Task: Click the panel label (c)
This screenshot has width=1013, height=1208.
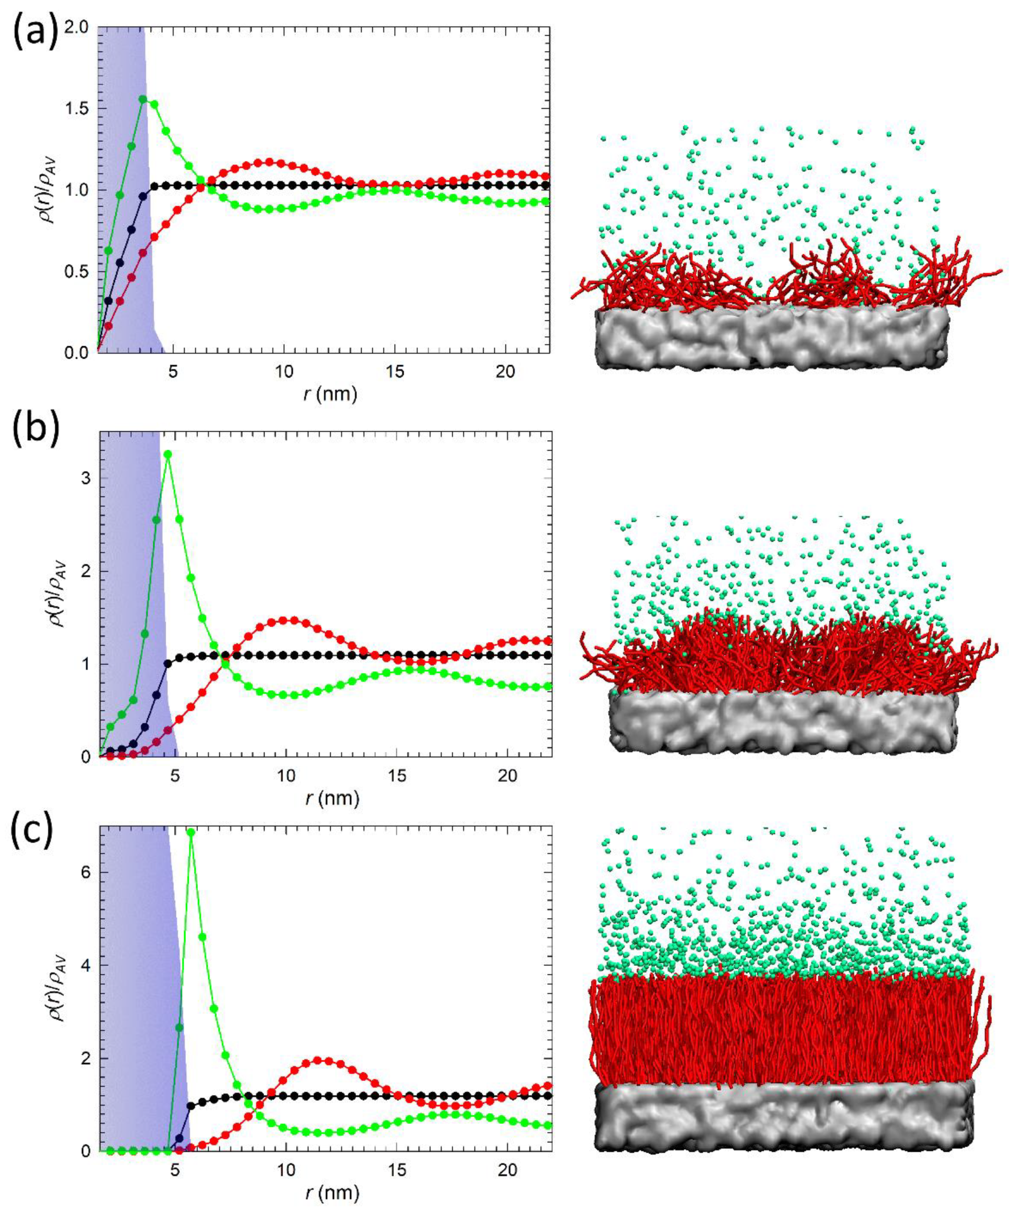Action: (31, 832)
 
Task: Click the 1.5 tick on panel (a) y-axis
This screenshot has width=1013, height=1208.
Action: (78, 109)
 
